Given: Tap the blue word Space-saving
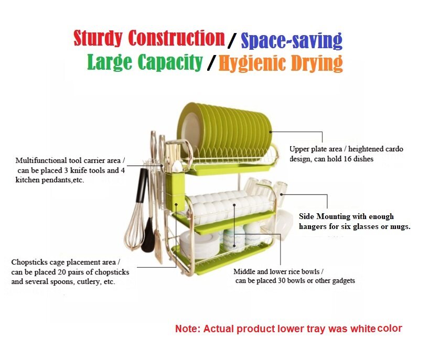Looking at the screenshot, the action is pyautogui.click(x=292, y=41).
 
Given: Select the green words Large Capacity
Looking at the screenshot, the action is pyautogui.click(x=145, y=62).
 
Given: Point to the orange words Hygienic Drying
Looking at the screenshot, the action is pyautogui.click(x=281, y=63).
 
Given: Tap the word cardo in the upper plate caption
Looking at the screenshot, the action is pyautogui.click(x=394, y=149).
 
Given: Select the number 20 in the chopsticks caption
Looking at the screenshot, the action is pyautogui.click(x=62, y=272).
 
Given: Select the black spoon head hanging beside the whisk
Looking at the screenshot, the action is pyautogui.click(x=147, y=236).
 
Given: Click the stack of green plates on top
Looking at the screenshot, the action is pyautogui.click(x=224, y=131).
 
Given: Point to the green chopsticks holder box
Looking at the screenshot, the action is pyautogui.click(x=175, y=191).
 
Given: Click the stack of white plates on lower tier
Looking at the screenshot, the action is pyautogui.click(x=199, y=245).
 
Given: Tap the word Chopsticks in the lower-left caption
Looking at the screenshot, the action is pyautogui.click(x=29, y=263).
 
